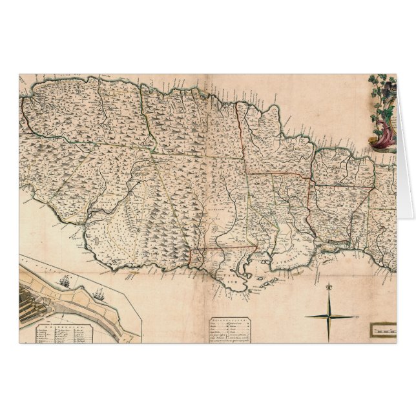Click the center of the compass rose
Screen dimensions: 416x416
pos(329,317)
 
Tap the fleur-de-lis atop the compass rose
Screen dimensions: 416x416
pos(329,286)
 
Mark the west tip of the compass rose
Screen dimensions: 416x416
pos(304,317)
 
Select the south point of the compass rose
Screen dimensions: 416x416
pos(329,340)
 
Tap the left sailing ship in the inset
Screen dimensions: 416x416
pos(65,281)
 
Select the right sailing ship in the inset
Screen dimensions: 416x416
pos(98,294)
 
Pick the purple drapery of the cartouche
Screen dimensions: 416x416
pos(386,136)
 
